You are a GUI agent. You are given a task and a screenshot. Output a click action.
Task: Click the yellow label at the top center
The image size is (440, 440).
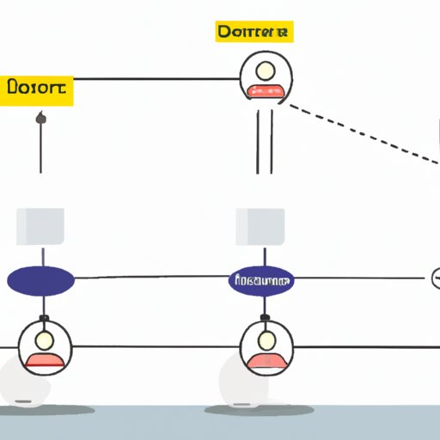[254, 33]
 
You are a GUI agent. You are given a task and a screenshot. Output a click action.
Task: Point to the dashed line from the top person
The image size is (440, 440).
[361, 133]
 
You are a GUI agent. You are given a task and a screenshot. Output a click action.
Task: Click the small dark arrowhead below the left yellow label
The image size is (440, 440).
[40, 118]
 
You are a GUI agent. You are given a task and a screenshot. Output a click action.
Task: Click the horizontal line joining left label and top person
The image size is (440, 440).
[155, 79]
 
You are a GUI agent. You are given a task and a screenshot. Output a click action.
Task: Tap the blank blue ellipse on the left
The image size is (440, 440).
[40, 280]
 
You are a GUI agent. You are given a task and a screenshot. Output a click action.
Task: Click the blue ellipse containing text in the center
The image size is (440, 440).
[261, 280]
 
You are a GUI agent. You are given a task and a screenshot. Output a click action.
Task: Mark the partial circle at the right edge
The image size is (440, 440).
[435, 278]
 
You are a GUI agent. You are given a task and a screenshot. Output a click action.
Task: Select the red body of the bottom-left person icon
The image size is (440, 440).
[42, 359]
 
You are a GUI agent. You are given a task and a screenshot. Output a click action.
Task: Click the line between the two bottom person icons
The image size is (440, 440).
[155, 348]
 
